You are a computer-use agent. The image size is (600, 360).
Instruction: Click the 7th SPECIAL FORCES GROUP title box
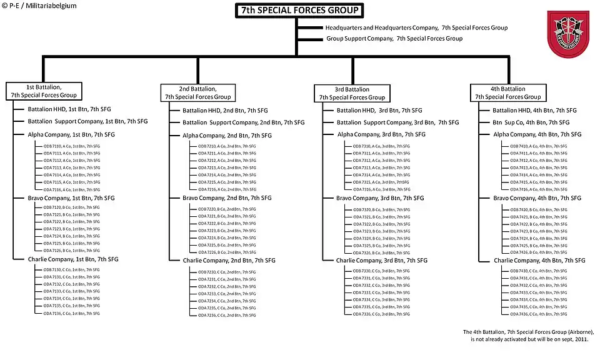pyautogui.click(x=300, y=11)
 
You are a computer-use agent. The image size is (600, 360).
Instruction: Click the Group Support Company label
pyautogui.click(x=394, y=39)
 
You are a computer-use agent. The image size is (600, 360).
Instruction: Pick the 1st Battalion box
pyautogui.click(x=43, y=91)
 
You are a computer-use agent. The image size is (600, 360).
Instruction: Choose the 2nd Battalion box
pyautogui.click(x=198, y=92)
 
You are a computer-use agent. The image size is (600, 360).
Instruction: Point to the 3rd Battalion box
pyautogui.click(x=352, y=93)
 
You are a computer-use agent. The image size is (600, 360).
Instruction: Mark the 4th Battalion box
pyautogui.click(x=507, y=93)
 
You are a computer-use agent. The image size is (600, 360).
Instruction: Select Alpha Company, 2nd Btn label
pyautogui.click(x=227, y=135)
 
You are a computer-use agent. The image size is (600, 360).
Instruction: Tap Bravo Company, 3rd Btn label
pyautogui.click(x=381, y=198)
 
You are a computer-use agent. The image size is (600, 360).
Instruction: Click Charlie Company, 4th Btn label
pyautogui.click(x=539, y=260)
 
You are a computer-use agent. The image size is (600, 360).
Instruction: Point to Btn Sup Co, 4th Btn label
pyautogui.click(x=531, y=122)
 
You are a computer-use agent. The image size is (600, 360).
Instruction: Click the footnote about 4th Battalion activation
pyautogui.click(x=528, y=335)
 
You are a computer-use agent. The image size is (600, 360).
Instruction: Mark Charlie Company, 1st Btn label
pyautogui.click(x=72, y=259)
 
